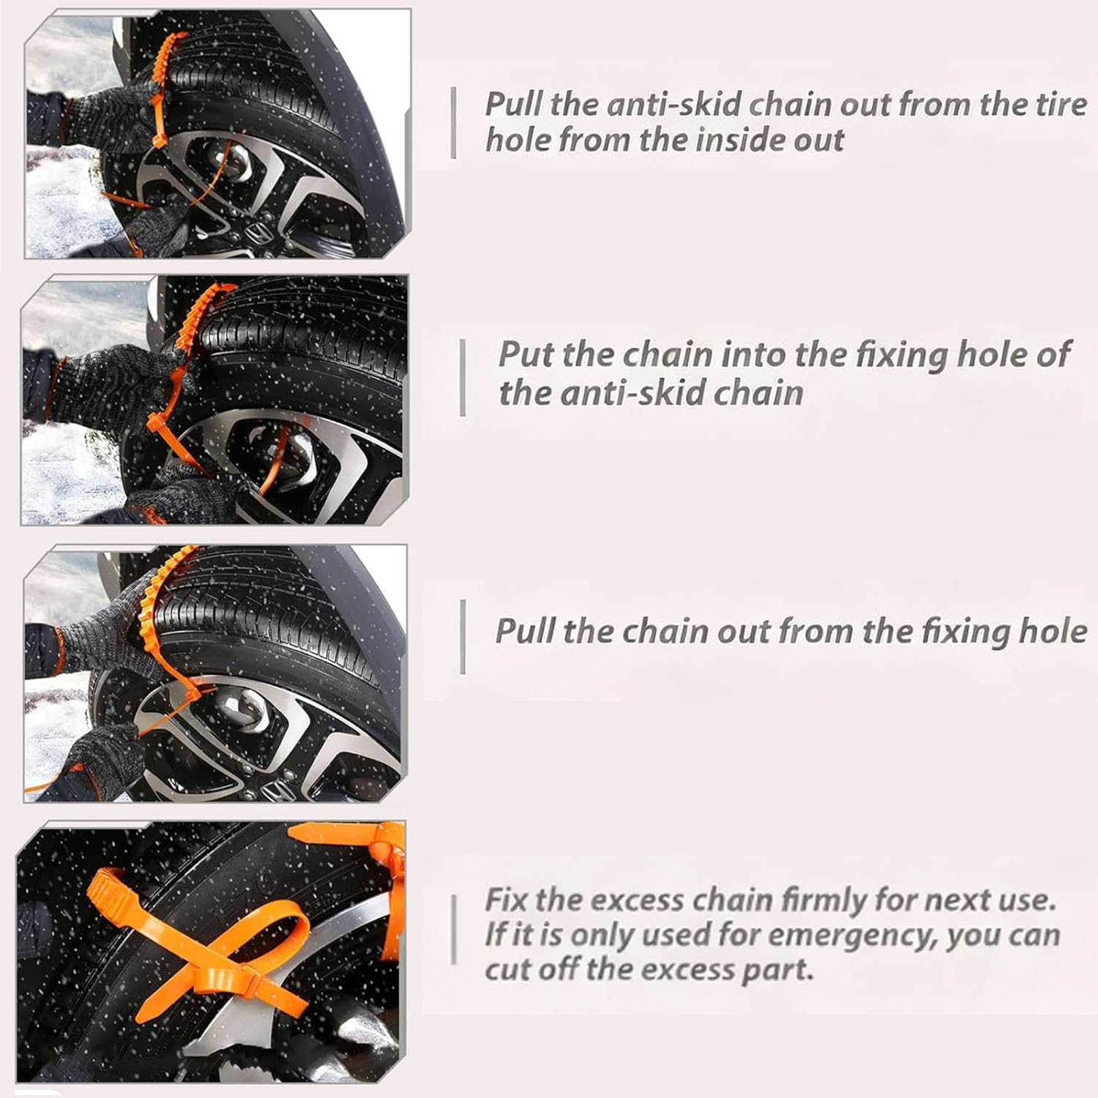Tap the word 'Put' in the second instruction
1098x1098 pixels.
pyautogui.click(x=526, y=354)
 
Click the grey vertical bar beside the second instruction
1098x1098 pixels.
pyautogui.click(x=463, y=377)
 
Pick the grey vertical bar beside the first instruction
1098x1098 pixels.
pyautogui.click(x=454, y=122)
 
